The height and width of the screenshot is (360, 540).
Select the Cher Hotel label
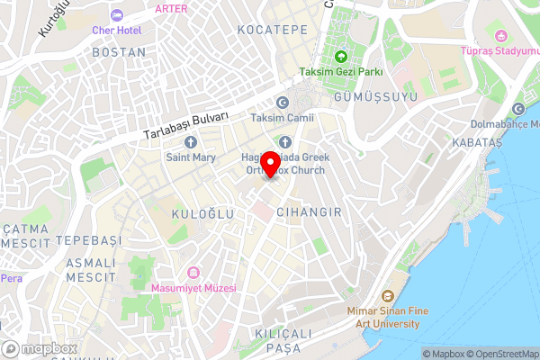117,30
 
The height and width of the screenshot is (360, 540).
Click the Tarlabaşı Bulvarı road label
186,124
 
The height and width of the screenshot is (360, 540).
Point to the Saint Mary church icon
191,141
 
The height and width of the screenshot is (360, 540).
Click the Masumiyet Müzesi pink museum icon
193,273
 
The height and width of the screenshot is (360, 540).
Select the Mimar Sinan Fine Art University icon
387,295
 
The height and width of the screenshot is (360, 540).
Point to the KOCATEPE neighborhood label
272,31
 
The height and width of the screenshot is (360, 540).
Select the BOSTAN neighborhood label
118,53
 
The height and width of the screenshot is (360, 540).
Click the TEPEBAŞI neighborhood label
87,241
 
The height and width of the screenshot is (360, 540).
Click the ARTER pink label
172,8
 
